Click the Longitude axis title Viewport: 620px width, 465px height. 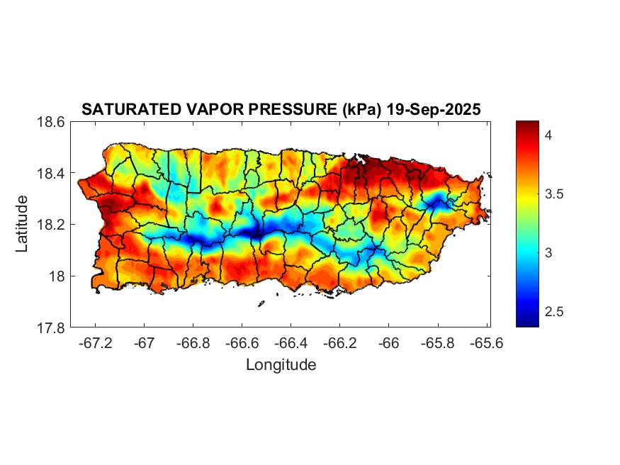tap(281, 365)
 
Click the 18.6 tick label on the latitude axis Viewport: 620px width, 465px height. tap(51, 122)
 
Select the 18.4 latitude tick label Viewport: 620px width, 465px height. tap(51, 174)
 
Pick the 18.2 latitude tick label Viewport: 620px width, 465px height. tap(51, 225)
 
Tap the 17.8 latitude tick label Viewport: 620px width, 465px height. tap(51, 327)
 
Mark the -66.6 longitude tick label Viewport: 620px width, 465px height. tap(242, 342)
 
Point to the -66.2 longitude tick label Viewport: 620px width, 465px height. tap(339, 342)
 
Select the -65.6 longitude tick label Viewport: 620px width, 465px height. tap(486, 342)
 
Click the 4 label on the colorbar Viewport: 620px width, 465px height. tap(548, 134)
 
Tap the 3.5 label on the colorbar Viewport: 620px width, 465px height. tap(554, 194)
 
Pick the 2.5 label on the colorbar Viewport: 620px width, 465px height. tap(554, 312)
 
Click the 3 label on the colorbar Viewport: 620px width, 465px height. tap(548, 253)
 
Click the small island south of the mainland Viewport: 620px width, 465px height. tap(261, 303)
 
